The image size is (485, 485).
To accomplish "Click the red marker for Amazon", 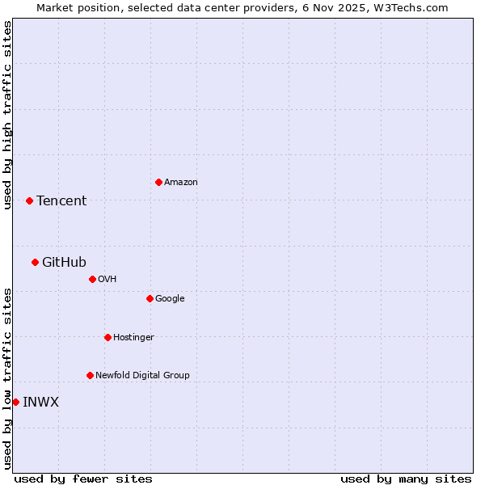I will click(158, 182).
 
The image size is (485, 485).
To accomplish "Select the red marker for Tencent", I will click(29, 200).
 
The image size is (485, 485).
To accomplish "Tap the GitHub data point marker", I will click(35, 262).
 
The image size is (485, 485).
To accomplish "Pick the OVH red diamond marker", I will click(92, 279).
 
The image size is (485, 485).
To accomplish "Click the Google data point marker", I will click(150, 298).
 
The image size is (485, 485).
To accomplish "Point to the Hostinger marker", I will click(108, 337).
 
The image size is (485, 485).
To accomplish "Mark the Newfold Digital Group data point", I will click(90, 375).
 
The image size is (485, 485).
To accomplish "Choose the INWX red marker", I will click(15, 402).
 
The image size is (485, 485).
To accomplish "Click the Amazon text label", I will click(181, 183).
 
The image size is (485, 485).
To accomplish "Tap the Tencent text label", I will click(61, 201).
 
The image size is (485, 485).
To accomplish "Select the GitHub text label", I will click(64, 262).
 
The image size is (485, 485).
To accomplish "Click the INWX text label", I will click(40, 402).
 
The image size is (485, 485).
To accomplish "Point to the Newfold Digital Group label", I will click(142, 375).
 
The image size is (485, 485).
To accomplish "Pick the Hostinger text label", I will click(133, 337).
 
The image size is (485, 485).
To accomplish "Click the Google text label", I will click(170, 298).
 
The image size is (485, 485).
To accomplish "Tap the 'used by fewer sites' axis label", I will click(83, 479).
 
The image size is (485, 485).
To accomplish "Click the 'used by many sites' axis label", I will click(406, 479).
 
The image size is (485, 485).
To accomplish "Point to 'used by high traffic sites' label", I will click(7, 115).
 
